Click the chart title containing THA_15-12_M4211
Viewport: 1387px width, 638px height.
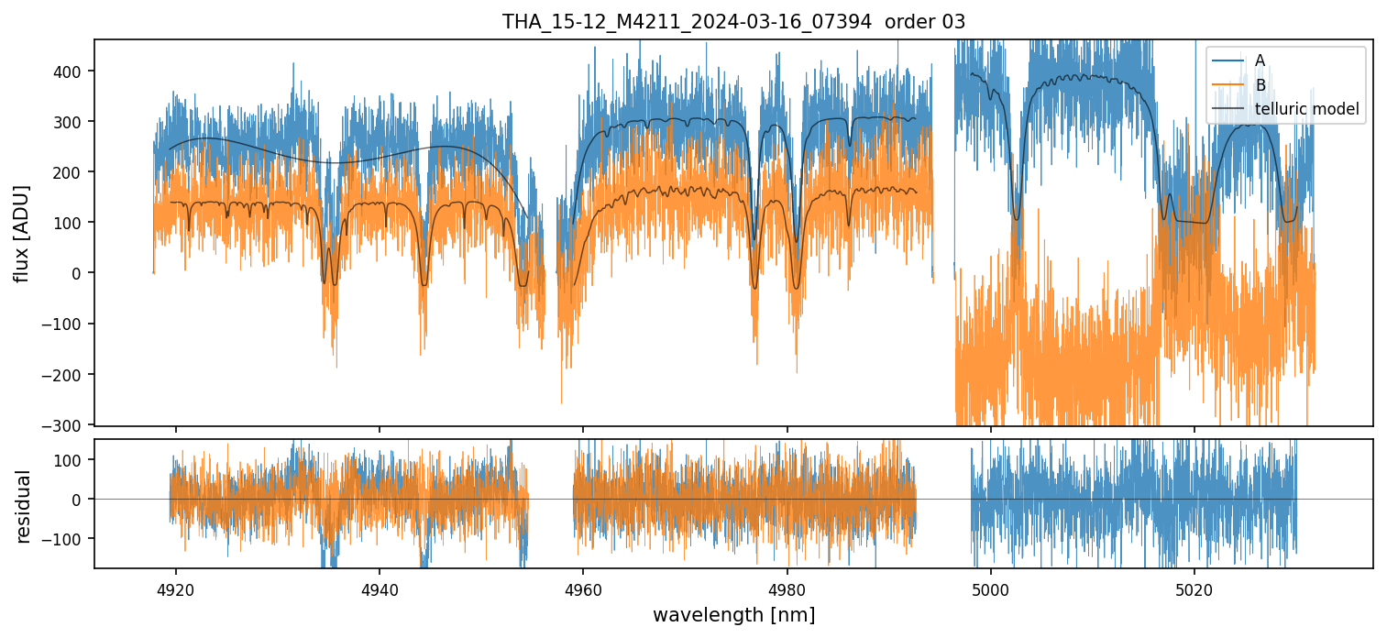(x=733, y=22)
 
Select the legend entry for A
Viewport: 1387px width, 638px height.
(x=1260, y=60)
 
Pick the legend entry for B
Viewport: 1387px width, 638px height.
(x=1260, y=85)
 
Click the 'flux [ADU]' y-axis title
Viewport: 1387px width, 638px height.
(x=21, y=233)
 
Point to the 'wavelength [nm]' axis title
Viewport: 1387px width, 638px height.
(x=733, y=614)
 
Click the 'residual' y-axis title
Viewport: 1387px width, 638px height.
(x=23, y=506)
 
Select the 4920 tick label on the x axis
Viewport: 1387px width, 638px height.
(x=176, y=588)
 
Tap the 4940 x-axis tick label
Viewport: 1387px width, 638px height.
(x=380, y=588)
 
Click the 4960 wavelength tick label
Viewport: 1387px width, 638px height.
(x=583, y=588)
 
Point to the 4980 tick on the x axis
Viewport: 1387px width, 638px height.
(x=787, y=588)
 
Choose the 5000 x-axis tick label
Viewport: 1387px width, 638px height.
(x=990, y=588)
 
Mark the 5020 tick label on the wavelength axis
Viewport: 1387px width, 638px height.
(x=1194, y=588)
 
